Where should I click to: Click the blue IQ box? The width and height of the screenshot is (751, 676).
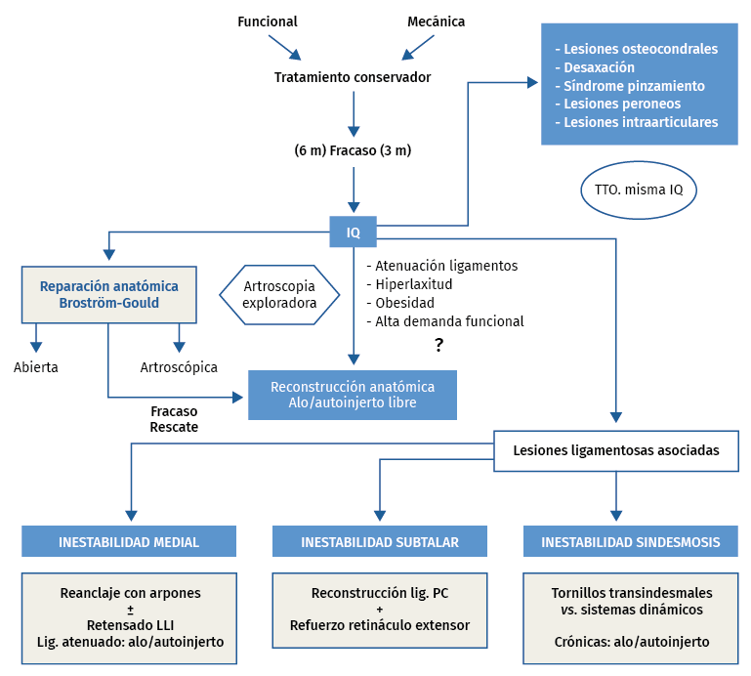point(353,232)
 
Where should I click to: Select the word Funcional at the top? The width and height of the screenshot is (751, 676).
point(268,21)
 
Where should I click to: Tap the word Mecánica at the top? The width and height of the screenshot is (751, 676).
point(436,21)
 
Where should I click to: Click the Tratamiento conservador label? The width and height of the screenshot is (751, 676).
point(353,77)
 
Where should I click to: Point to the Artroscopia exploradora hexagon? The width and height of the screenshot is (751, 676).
point(279,295)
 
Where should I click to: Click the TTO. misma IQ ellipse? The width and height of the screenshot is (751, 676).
point(639,189)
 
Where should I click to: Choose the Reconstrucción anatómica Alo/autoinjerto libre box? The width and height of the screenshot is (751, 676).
point(353,395)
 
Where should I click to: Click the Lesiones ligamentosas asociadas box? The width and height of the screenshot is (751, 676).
point(616,451)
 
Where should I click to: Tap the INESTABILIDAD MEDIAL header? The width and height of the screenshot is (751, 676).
point(129,542)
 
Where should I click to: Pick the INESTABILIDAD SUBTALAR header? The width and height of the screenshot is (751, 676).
point(380,542)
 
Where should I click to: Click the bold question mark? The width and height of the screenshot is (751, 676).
point(439,345)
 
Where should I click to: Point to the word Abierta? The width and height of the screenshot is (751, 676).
point(36,367)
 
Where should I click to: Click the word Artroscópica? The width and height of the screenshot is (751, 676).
point(179,367)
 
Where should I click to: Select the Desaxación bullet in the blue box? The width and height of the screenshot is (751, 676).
point(600,67)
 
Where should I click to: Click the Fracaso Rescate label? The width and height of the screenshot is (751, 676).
point(174,419)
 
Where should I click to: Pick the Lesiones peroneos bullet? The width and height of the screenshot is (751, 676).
point(622,104)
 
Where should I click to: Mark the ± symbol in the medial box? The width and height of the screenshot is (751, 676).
point(129,609)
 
